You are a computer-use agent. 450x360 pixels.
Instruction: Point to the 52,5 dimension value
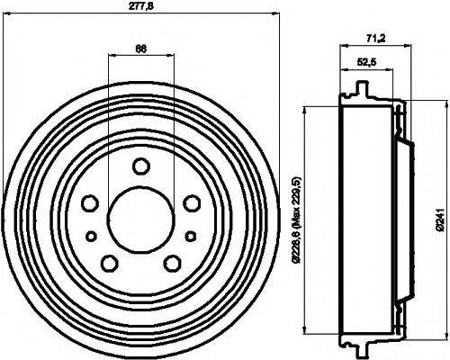[366, 62]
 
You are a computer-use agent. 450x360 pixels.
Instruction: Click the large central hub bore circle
[139, 217]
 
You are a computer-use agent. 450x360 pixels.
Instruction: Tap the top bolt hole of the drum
[140, 166]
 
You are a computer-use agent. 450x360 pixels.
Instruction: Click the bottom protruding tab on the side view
[363, 346]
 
